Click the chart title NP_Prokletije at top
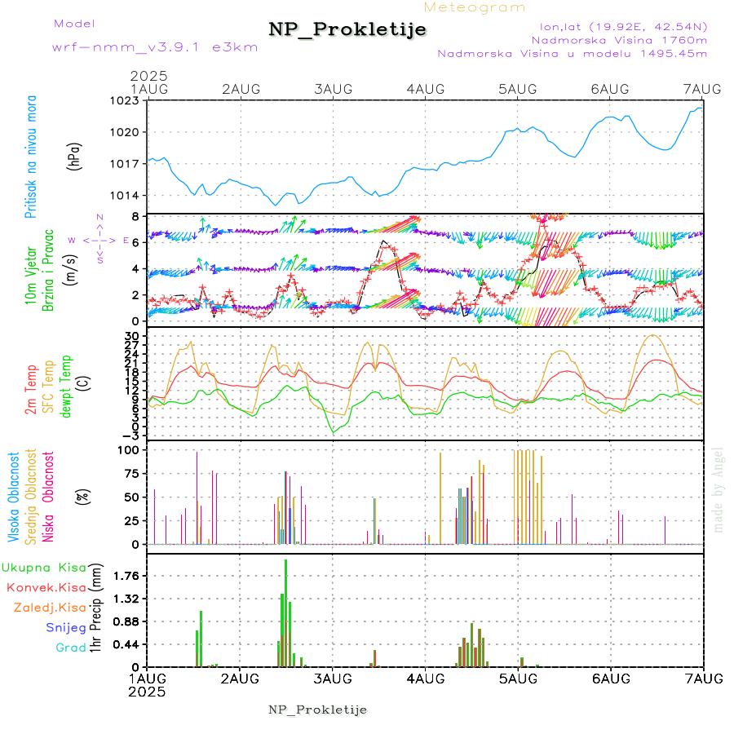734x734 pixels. point(347,29)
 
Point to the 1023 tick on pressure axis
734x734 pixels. point(126,100)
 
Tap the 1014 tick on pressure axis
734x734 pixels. point(126,195)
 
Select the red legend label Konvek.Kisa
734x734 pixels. point(46,587)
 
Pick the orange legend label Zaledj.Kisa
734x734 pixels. point(50,608)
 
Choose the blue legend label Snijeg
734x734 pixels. point(65,628)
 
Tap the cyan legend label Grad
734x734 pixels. point(71,648)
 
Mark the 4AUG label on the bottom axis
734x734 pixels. point(424,679)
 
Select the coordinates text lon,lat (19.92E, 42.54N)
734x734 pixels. point(617,25)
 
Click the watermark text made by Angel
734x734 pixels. point(719,489)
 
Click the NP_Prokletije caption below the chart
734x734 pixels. point(318,710)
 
